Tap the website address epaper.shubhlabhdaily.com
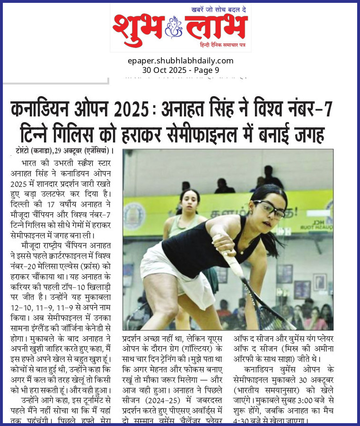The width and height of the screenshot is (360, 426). [180, 61]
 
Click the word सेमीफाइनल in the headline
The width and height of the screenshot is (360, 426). [220, 134]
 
